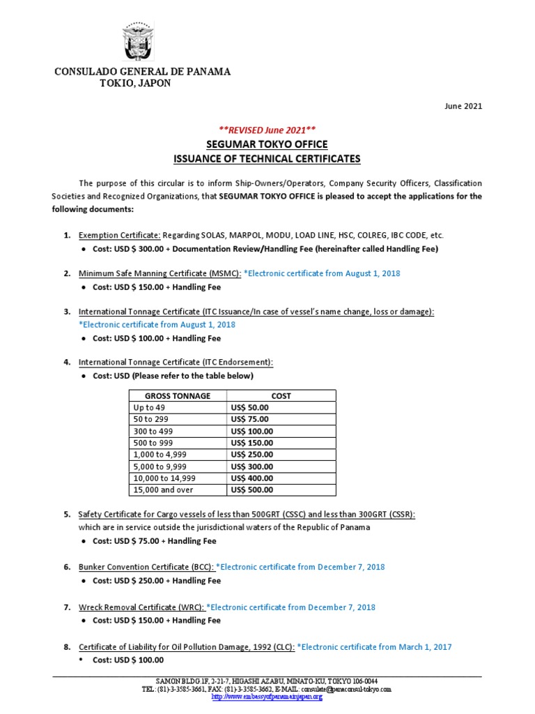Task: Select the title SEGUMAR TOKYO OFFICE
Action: click(x=267, y=144)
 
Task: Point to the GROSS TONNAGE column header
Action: click(x=178, y=395)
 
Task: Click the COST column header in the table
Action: click(x=281, y=395)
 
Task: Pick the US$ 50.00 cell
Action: click(x=249, y=407)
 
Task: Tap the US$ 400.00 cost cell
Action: click(x=251, y=478)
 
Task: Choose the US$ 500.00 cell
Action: click(x=251, y=490)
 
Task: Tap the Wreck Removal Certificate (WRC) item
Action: click(x=141, y=607)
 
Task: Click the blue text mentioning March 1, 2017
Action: click(x=374, y=646)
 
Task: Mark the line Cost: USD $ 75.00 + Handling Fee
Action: click(x=155, y=540)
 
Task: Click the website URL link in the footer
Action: click(x=267, y=697)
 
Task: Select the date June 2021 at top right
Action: click(x=463, y=106)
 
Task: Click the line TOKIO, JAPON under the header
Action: click(x=136, y=84)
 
